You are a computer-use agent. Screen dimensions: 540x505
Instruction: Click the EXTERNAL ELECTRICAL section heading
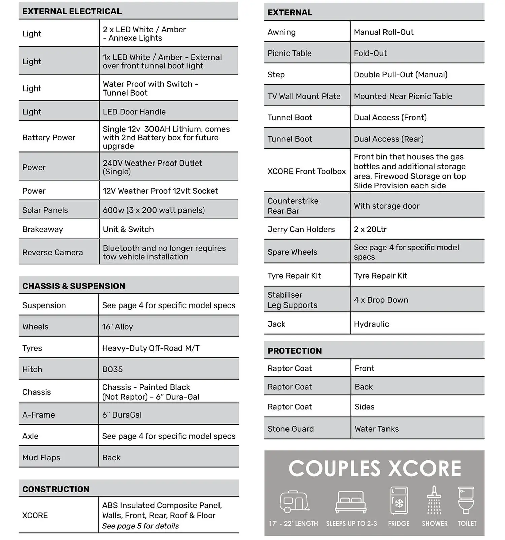point(72,11)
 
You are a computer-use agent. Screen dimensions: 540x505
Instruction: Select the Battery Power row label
point(49,137)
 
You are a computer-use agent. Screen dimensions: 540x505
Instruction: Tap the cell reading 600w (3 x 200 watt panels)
point(154,210)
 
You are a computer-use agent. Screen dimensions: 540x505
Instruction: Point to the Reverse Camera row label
point(53,252)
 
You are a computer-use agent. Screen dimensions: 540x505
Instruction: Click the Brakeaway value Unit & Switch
point(128,229)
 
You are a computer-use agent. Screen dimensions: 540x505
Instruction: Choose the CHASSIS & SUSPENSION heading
point(73,286)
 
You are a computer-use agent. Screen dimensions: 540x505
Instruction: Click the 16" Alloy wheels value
point(117,327)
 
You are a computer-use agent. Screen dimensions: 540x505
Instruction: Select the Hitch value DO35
point(112,369)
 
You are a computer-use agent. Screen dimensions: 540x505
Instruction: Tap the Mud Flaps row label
point(41,458)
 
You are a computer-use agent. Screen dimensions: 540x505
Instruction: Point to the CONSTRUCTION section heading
point(56,489)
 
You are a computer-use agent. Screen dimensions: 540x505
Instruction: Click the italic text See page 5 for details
point(140,526)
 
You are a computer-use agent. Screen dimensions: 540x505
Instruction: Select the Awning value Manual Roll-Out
point(383,32)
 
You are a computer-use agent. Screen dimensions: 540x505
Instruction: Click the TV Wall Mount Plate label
point(304,96)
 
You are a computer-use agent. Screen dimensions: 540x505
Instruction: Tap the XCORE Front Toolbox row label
point(306,171)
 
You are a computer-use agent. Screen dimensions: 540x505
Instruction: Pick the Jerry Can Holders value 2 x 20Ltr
point(370,229)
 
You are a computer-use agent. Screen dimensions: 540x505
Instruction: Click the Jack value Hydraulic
point(371,324)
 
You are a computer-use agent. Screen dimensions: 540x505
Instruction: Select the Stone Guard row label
point(291,429)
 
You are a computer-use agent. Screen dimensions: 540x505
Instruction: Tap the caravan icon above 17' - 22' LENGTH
point(294,501)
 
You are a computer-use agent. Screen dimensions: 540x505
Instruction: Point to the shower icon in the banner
point(434,500)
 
